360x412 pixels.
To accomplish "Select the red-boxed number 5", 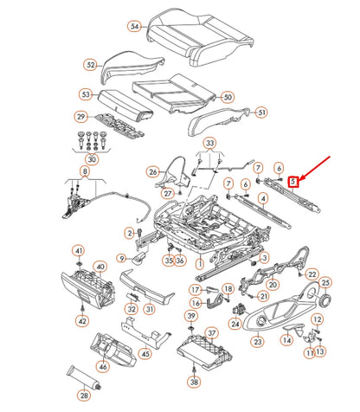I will click(x=293, y=182).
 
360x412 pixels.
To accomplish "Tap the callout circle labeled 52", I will click(x=91, y=65).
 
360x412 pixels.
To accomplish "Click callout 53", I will click(x=85, y=93).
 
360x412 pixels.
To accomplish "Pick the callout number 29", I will click(x=80, y=117).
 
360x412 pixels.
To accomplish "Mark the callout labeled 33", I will click(x=209, y=142).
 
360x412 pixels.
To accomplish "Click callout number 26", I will click(x=153, y=172).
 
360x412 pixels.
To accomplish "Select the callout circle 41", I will click(x=78, y=251).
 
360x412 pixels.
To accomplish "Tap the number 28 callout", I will click(x=84, y=396).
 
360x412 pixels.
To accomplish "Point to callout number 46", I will click(x=103, y=367).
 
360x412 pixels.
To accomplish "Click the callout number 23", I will click(x=257, y=342).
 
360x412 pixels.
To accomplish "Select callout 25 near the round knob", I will click(x=325, y=282).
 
